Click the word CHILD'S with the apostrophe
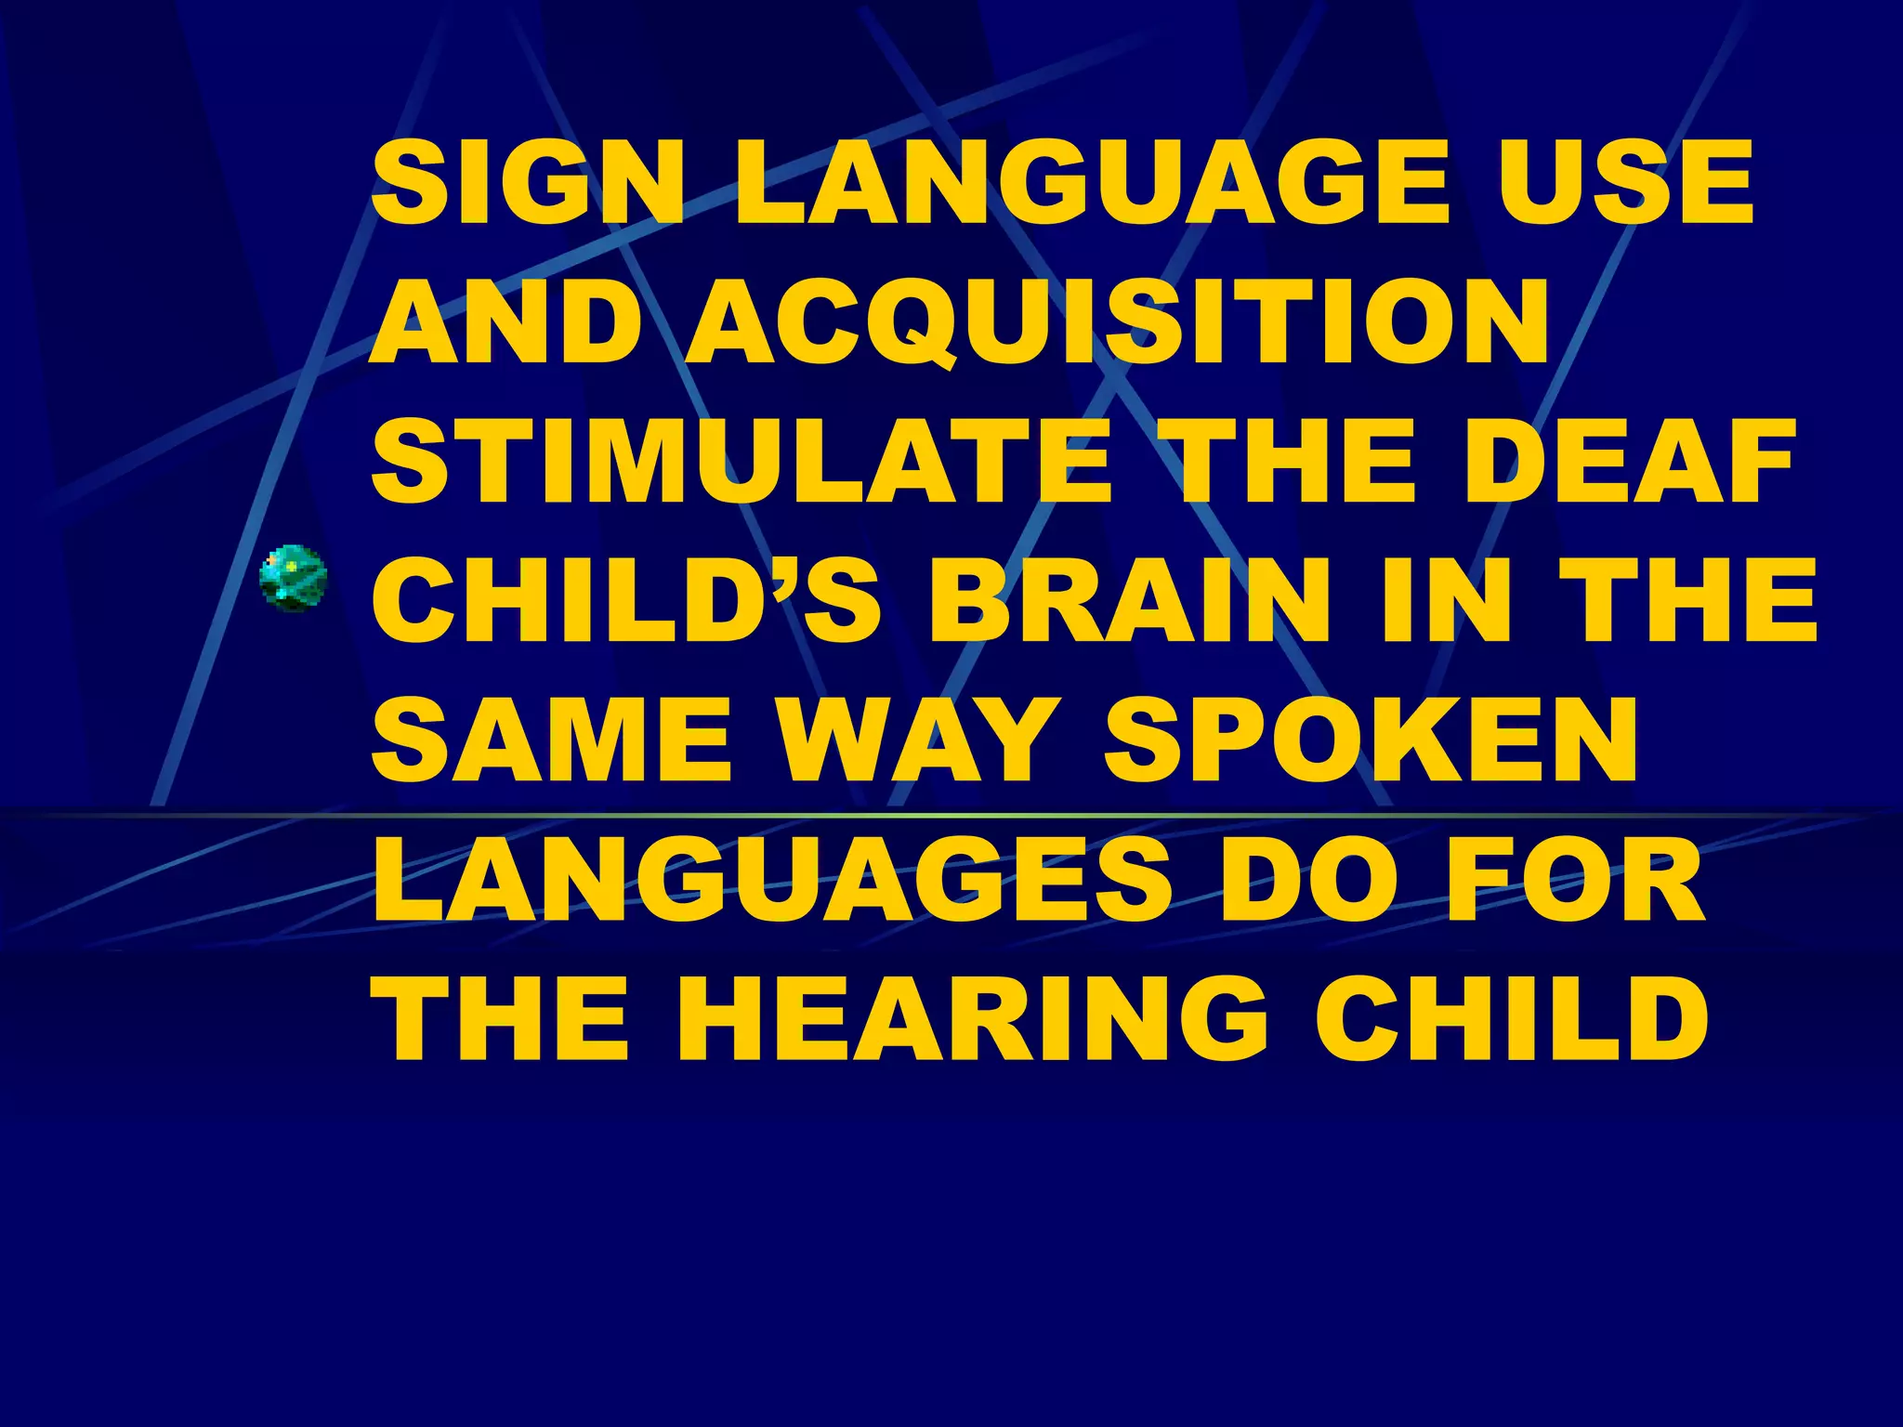(x=627, y=601)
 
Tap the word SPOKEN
(x=1371, y=740)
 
